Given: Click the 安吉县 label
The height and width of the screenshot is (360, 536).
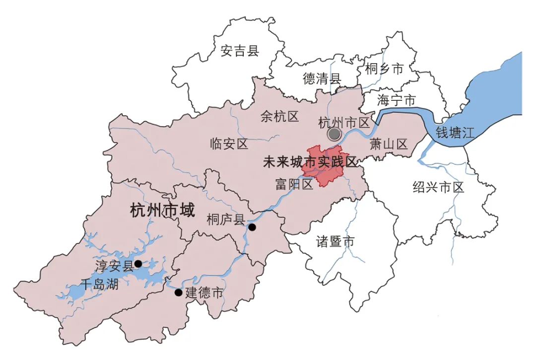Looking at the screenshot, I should (x=240, y=50).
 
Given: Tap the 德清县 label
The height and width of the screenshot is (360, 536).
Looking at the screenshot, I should (x=323, y=78).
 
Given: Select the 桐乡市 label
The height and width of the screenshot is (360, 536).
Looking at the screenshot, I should (x=384, y=69).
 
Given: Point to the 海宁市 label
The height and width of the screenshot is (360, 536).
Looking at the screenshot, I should (x=396, y=100).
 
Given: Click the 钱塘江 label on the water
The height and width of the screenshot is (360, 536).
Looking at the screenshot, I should (x=456, y=133).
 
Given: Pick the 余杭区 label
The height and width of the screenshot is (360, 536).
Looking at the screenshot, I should (x=280, y=117).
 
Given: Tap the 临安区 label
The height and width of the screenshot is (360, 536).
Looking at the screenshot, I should (x=229, y=144).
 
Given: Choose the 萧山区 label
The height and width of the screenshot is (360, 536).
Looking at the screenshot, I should (x=389, y=144).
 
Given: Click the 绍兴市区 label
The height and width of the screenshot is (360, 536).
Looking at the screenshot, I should (x=438, y=187).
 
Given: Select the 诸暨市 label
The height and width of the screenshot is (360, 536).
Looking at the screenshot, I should (x=335, y=242).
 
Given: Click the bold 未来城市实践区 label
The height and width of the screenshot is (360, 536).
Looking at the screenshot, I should (x=310, y=162).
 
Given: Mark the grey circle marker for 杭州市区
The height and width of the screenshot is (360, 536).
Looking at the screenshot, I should (x=335, y=134).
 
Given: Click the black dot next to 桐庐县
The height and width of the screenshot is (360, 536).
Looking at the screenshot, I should (x=252, y=227).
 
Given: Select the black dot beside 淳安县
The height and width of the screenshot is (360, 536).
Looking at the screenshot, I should (x=138, y=264).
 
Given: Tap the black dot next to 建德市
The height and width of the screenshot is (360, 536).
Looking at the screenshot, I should (x=179, y=292).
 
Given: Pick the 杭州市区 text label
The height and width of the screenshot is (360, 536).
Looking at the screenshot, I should (x=344, y=122).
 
